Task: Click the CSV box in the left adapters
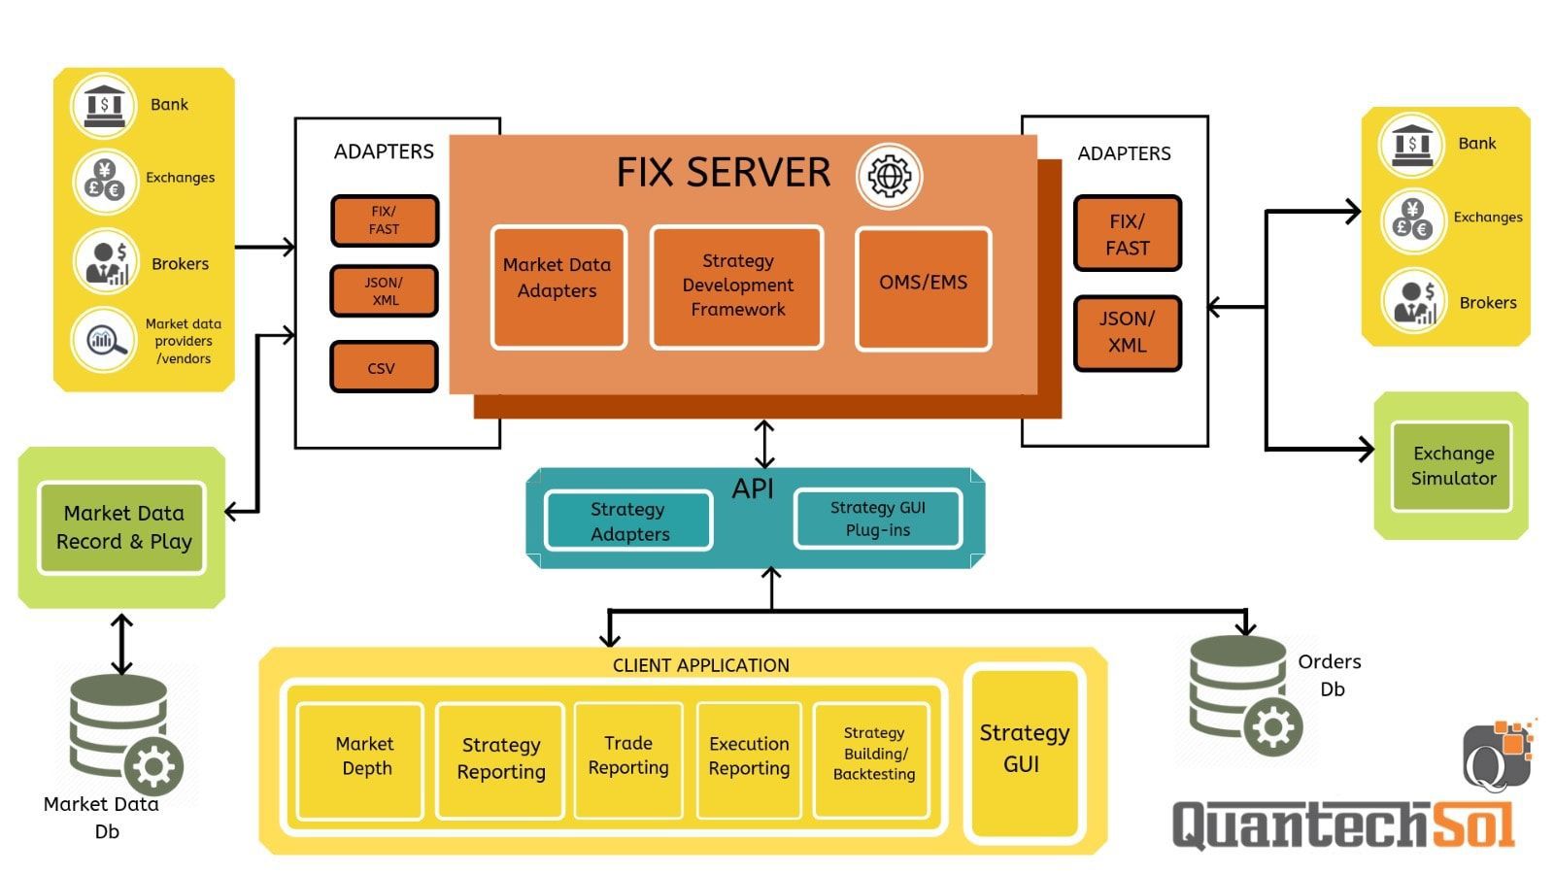point(384,367)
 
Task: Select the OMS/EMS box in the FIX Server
point(923,287)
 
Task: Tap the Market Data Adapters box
point(557,286)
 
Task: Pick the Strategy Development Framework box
point(736,286)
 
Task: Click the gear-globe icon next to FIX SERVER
point(888,176)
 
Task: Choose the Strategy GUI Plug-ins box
point(877,519)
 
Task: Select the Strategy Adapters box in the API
point(628,521)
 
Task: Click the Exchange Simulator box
point(1452,466)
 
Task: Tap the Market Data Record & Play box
point(122,527)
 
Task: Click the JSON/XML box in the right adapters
point(1127,333)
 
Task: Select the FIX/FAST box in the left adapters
point(384,220)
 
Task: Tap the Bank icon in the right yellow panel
point(1411,144)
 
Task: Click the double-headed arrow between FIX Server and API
point(764,444)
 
